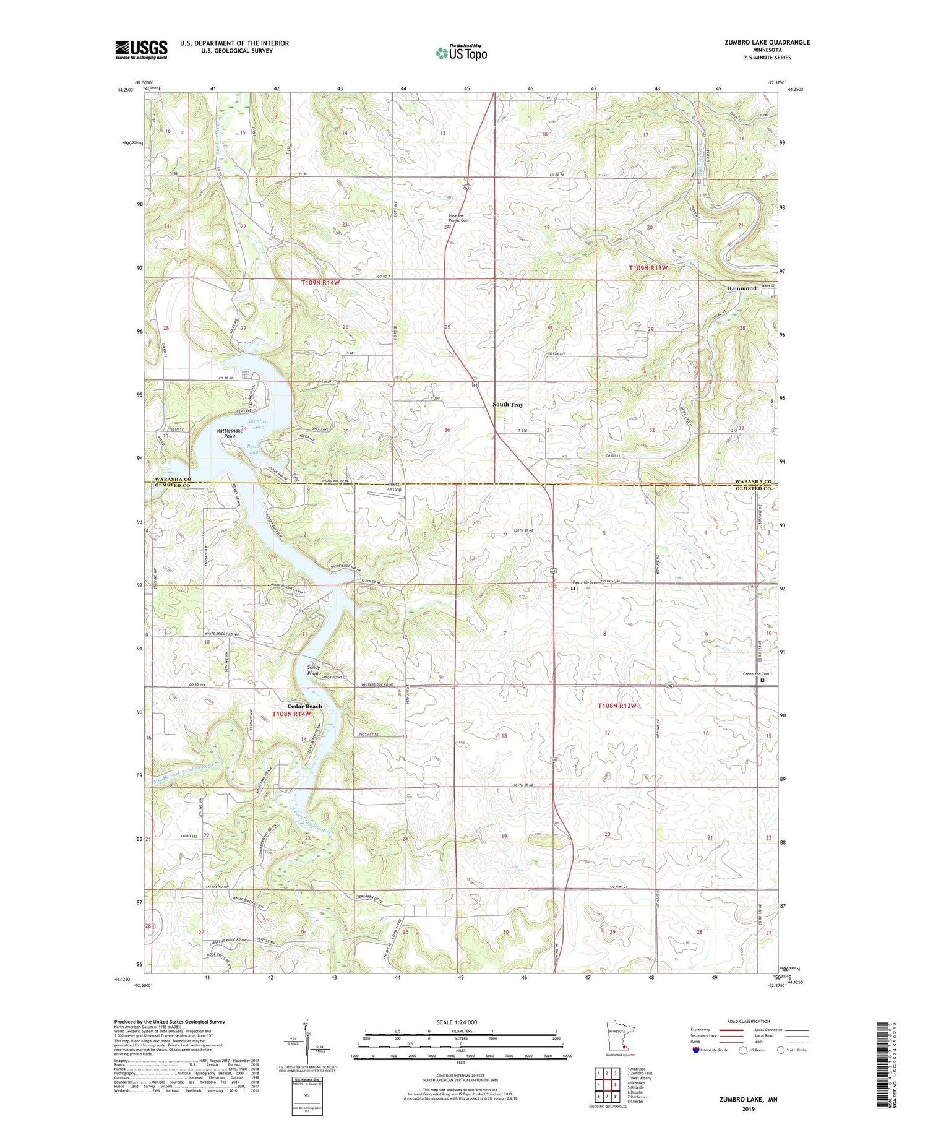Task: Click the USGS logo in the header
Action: coord(141,50)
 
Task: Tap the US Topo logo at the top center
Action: coord(462,53)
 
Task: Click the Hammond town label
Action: coord(741,288)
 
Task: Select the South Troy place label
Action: coord(507,405)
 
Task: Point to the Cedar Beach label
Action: coord(304,706)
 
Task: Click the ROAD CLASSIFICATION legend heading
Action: coord(749,1021)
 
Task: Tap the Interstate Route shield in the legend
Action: coord(696,1050)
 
